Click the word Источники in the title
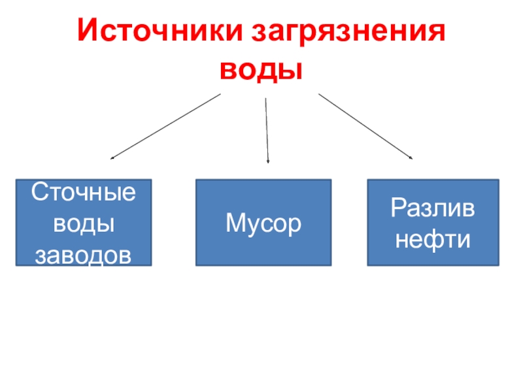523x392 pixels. [158, 32]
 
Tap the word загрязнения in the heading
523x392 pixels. [346, 32]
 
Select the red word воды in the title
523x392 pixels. [261, 69]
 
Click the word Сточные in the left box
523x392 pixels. [84, 193]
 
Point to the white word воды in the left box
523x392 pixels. [84, 224]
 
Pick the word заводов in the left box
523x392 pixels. [84, 255]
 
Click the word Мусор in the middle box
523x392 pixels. [263, 224]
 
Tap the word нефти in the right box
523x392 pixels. [433, 240]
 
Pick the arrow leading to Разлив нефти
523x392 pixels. [365, 126]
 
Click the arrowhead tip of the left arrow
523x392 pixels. [112, 157]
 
